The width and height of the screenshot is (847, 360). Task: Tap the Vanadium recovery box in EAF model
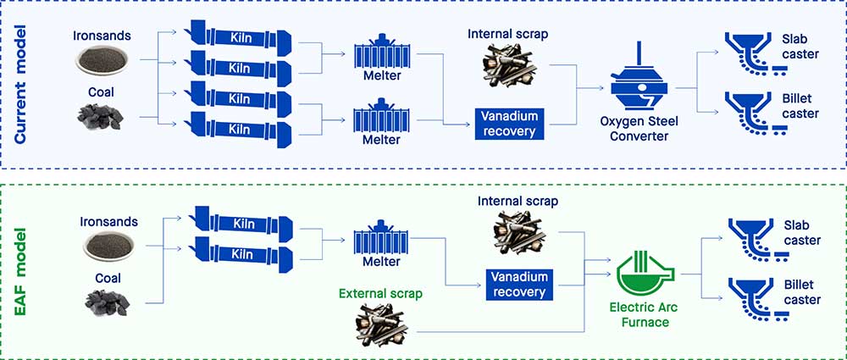518,285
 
